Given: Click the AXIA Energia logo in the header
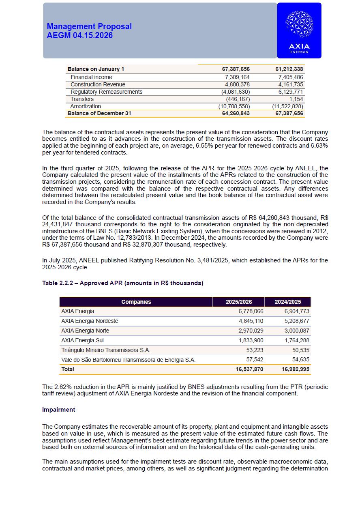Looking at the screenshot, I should point(299,31).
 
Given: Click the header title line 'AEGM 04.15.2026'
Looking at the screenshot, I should point(79,36).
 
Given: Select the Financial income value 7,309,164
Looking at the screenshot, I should point(237,77).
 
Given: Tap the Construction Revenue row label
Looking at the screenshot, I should point(98,84).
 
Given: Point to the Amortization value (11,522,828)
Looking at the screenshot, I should point(287,106).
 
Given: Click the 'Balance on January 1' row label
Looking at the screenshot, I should point(96,69).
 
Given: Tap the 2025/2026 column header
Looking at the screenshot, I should point(238,302).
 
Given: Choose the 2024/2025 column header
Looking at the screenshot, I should point(287,302).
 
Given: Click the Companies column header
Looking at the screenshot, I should point(136,302).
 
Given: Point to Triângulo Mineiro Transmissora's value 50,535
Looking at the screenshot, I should point(300,350).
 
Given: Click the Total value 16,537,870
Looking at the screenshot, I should point(249,369).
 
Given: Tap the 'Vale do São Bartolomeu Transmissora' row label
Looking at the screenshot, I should point(128,360).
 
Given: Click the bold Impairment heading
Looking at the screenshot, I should point(59,410).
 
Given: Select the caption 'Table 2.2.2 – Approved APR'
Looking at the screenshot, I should point(122,283).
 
